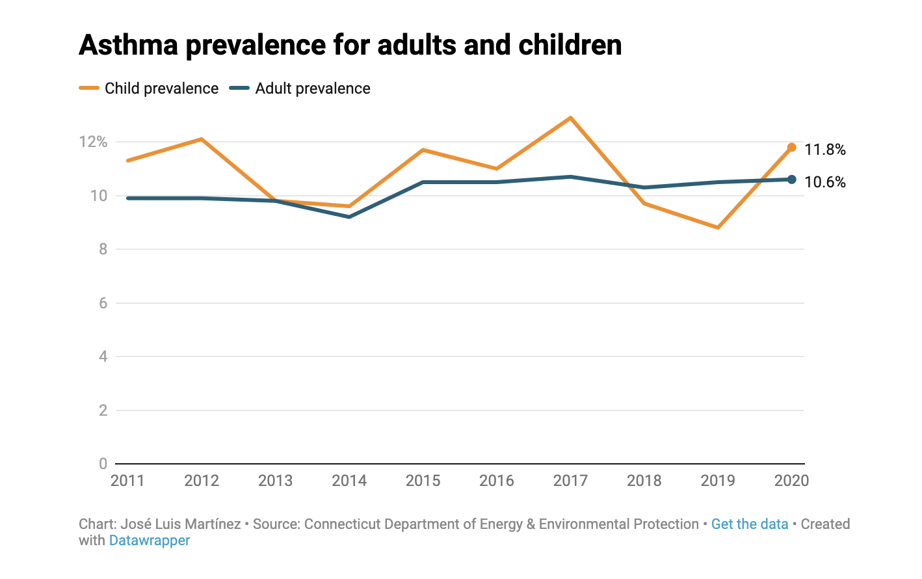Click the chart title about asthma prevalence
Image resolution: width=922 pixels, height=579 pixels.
click(350, 46)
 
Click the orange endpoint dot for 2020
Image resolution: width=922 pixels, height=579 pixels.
click(791, 147)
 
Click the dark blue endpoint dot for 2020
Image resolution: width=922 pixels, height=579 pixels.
click(791, 180)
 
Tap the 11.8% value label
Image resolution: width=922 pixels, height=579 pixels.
click(824, 150)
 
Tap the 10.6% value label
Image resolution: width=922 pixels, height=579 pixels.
click(824, 182)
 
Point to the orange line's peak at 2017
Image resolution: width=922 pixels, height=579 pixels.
click(570, 118)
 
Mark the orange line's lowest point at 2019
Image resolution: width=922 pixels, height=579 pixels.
click(718, 228)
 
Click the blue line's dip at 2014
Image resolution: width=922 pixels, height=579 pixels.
click(349, 217)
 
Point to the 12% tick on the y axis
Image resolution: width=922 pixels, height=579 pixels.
click(93, 142)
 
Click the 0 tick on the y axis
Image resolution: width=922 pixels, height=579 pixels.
click(103, 464)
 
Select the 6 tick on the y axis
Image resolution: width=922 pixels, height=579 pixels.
click(103, 303)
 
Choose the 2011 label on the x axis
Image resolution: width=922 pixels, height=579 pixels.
click(127, 481)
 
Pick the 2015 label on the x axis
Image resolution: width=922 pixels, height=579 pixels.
click(423, 481)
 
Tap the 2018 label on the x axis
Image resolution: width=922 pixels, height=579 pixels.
click(644, 481)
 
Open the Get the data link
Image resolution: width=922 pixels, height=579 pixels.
click(749, 524)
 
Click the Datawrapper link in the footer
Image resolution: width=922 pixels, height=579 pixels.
click(150, 541)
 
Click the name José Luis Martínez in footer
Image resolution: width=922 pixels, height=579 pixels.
click(180, 524)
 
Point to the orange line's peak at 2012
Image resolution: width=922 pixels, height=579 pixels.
click(202, 139)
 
